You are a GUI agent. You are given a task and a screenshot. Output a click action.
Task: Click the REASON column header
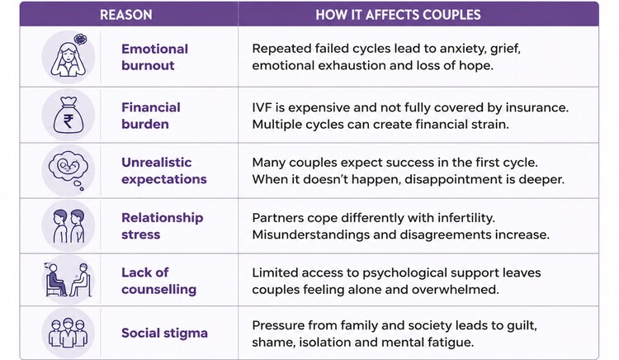click(x=126, y=15)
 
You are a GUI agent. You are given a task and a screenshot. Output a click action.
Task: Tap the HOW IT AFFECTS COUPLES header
click(x=398, y=15)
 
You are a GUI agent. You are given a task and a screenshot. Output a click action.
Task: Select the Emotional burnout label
click(x=155, y=57)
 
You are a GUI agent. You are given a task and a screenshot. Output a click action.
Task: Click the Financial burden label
click(x=151, y=116)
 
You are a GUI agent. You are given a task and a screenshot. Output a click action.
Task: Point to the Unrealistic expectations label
click(x=164, y=171)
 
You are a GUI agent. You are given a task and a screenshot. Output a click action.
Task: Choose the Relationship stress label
click(x=163, y=225)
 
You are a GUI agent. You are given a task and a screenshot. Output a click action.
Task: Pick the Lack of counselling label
click(x=158, y=281)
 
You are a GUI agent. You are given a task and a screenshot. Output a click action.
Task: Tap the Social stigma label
click(x=164, y=333)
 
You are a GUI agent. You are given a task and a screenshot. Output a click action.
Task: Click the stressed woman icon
click(x=69, y=56)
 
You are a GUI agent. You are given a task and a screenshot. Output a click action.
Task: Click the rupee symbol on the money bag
click(x=68, y=121)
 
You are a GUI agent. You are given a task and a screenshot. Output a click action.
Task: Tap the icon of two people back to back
click(x=69, y=225)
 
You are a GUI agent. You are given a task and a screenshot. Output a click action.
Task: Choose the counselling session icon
click(x=68, y=279)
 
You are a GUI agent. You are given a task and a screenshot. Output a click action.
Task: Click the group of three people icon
click(x=69, y=333)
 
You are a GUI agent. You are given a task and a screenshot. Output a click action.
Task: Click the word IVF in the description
click(x=260, y=107)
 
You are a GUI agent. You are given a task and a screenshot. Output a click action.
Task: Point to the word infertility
click(x=461, y=218)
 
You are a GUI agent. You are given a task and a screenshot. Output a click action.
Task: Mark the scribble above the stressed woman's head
click(x=81, y=39)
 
